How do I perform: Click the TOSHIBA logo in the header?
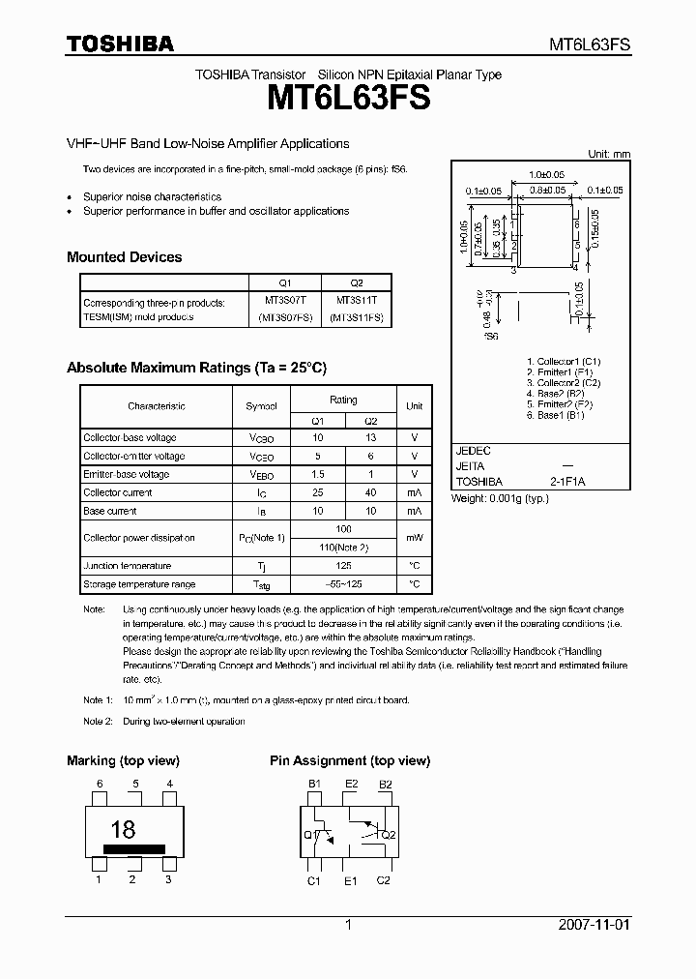[120, 44]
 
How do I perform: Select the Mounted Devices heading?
[124, 257]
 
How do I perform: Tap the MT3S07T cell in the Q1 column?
[284, 302]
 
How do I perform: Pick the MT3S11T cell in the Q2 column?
[356, 302]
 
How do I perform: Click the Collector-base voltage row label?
[130, 438]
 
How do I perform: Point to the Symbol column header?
[261, 406]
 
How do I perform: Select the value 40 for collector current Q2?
[370, 493]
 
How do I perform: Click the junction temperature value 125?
[343, 566]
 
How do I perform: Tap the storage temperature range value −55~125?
[343, 584]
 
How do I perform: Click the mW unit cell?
[414, 538]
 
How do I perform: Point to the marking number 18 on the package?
[123, 829]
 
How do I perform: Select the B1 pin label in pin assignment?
[314, 785]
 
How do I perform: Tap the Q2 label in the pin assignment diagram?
[389, 834]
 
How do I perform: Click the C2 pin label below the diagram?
[384, 880]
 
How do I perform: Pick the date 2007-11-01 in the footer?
[594, 925]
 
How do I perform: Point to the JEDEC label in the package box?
[473, 451]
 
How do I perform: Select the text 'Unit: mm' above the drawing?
[609, 155]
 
